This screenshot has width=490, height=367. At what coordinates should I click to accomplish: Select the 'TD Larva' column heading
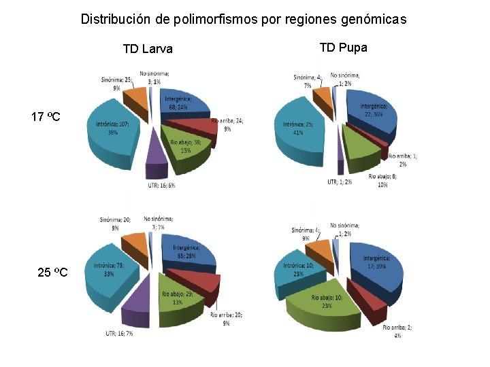pos(148,49)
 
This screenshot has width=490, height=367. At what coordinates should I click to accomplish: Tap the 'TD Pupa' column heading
pos(343,48)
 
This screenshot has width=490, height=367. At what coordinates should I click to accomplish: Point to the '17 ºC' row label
pos(46,118)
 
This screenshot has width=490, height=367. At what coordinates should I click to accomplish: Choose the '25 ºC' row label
pos(52,273)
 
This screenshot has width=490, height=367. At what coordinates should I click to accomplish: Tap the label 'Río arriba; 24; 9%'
pos(228,125)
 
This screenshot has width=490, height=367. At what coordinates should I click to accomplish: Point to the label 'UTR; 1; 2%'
pos(340,182)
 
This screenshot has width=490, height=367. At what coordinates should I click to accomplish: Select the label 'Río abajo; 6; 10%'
pos(382,180)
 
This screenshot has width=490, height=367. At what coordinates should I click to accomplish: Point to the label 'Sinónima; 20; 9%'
pos(114,224)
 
